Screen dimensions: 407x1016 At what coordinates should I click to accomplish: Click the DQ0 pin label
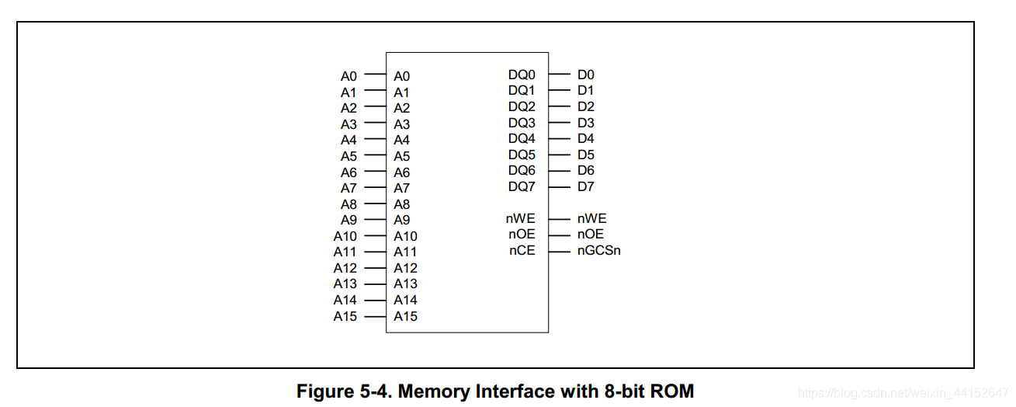[x=522, y=75]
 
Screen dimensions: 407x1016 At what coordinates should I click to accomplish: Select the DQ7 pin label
[x=522, y=186]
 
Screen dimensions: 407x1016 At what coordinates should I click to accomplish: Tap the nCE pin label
[x=522, y=251]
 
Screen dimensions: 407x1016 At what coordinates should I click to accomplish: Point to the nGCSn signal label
[x=598, y=251]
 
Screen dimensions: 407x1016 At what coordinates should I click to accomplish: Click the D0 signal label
[x=585, y=75]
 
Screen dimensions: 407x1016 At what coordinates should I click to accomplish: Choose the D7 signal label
[x=585, y=186]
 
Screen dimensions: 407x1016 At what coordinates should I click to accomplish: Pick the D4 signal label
[x=585, y=138]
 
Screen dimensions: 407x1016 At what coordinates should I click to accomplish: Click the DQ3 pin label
[x=522, y=123]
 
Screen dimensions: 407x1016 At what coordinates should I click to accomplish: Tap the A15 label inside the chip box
[x=405, y=316]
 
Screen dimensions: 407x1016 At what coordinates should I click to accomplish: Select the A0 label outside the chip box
[x=348, y=76]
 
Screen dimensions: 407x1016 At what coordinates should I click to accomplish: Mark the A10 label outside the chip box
[x=345, y=236]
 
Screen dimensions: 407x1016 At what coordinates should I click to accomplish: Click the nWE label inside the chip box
[x=520, y=219]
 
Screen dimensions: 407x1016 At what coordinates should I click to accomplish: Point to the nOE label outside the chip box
[x=590, y=235]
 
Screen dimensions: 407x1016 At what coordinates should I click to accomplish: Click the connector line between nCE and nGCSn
[x=559, y=251]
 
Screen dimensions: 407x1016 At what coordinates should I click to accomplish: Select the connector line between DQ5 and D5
[x=559, y=155]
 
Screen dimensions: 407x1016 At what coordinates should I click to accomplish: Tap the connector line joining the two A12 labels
[x=375, y=268]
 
